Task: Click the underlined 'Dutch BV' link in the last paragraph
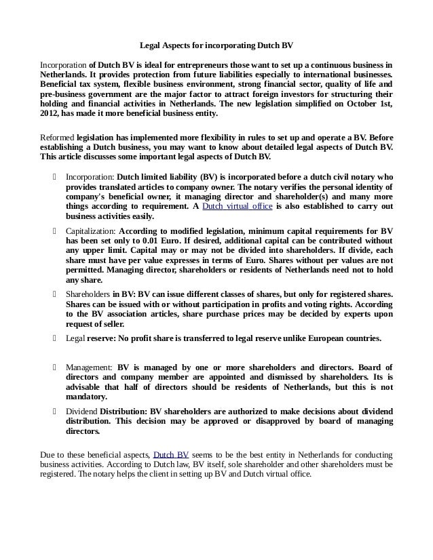[171, 454]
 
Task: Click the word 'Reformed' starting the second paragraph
[57, 136]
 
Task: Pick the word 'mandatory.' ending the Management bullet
[87, 397]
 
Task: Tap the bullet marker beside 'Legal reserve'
[54, 338]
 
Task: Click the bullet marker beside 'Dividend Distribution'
[54, 411]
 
